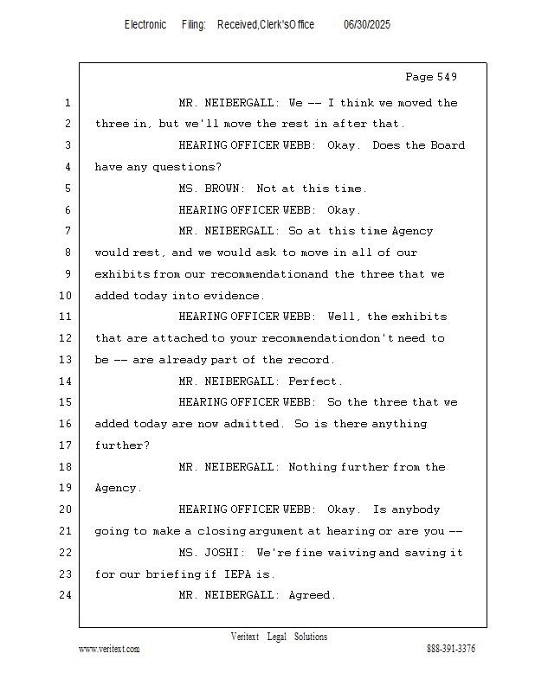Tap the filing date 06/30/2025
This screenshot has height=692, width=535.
pyautogui.click(x=367, y=25)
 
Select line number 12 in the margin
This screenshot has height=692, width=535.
pyautogui.click(x=66, y=338)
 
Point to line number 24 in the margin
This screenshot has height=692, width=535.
pyautogui.click(x=66, y=595)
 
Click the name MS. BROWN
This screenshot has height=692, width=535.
pyautogui.click(x=212, y=189)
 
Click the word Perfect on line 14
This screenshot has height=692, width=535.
pyautogui.click(x=315, y=381)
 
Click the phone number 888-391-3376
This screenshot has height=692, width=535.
pyautogui.click(x=451, y=649)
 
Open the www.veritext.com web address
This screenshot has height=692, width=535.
pyautogui.click(x=109, y=649)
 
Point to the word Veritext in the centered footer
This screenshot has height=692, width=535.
pyautogui.click(x=245, y=637)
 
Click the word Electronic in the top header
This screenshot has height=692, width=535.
pyautogui.click(x=145, y=25)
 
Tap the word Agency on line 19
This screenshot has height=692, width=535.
pyautogui.click(x=117, y=488)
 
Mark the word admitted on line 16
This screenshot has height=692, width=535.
pyautogui.click(x=256, y=424)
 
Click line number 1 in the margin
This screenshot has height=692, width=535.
pyautogui.click(x=67, y=103)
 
